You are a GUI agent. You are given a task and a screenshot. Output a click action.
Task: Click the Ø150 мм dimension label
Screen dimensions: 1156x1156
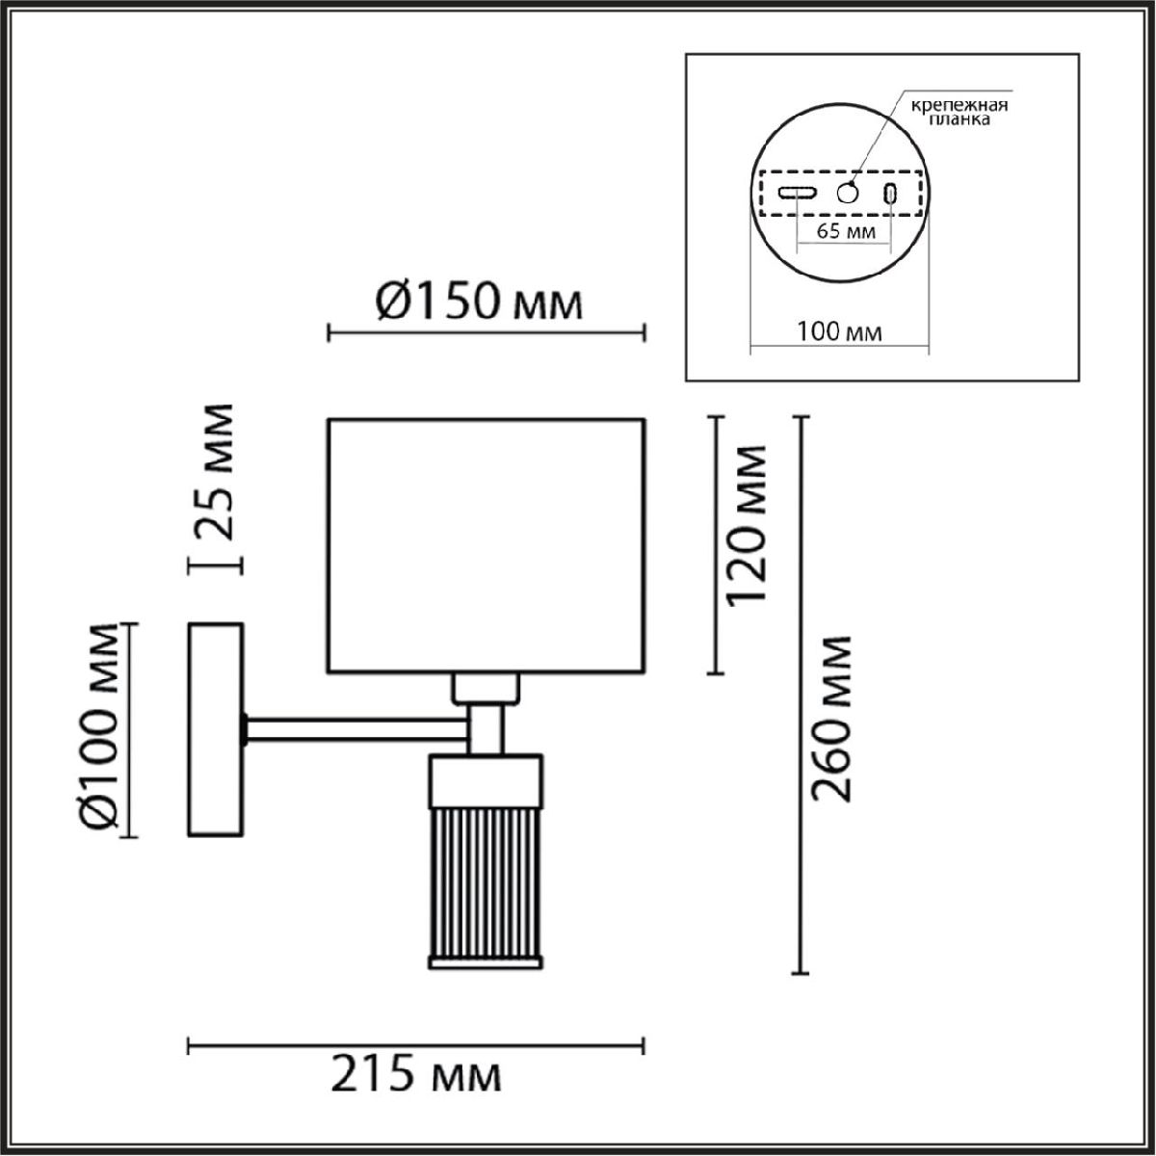pos(478,302)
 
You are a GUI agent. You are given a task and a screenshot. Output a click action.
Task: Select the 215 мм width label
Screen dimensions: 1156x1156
pos(416,1075)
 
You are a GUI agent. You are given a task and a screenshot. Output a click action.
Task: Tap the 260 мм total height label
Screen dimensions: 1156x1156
pos(831,719)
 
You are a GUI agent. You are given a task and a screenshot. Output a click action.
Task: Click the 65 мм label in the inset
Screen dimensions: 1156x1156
pos(845,231)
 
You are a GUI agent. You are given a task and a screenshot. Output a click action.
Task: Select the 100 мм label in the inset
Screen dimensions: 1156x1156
pos(839,332)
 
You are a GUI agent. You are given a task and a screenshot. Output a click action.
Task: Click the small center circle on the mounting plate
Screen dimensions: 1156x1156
pos(848,193)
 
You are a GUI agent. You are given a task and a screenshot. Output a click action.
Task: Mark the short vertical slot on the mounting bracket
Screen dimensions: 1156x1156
pos(892,193)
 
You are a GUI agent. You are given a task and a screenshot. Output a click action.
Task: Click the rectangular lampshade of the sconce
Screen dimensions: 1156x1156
pos(486,544)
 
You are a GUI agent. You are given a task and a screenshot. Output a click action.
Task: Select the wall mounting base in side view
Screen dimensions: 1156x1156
pos(215,729)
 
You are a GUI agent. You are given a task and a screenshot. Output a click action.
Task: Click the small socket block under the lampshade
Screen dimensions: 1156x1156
pos(486,688)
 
